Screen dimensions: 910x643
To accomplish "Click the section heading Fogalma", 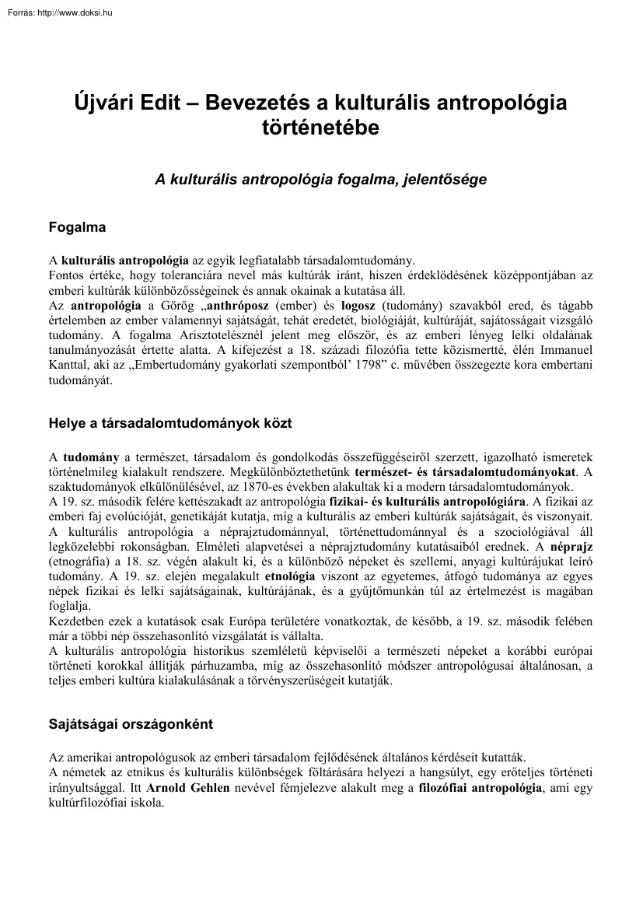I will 77,229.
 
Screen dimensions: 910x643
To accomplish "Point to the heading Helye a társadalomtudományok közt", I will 170,424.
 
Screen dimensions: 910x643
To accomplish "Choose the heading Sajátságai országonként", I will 131,724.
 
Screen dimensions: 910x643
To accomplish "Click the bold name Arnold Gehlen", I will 183,788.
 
